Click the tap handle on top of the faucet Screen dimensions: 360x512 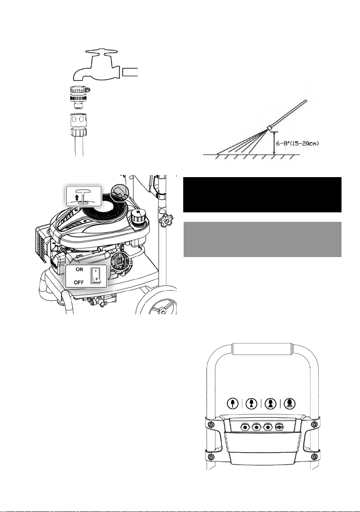point(102,52)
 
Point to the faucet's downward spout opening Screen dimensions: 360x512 point(78,78)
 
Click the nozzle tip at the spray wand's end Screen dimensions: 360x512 point(270,128)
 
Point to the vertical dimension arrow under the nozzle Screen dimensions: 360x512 point(274,143)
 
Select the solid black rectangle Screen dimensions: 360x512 point(262,195)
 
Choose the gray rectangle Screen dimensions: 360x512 point(262,239)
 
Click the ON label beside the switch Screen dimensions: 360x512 point(80,270)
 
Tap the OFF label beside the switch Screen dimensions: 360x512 point(79,282)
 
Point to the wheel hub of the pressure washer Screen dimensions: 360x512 point(162,310)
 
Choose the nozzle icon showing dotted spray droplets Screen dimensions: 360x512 point(289,403)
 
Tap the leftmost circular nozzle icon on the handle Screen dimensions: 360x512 point(232,403)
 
